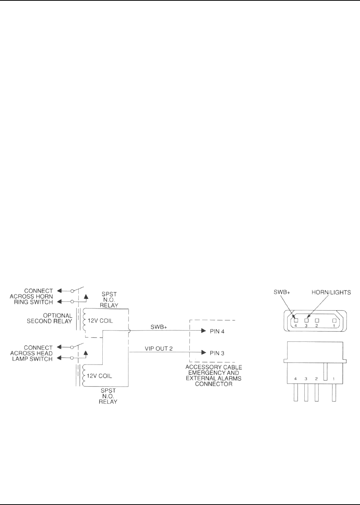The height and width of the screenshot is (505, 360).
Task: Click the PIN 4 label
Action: (217, 331)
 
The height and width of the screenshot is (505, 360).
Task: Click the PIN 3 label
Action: (217, 353)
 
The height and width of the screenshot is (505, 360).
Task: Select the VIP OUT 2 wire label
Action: (159, 349)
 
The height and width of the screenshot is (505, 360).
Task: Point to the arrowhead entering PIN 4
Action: (204, 331)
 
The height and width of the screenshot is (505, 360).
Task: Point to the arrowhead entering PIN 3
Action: (204, 353)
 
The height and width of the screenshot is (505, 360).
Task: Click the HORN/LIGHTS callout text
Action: (331, 292)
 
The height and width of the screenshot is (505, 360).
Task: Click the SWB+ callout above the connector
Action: (282, 292)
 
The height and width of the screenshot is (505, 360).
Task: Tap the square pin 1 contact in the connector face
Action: (334, 320)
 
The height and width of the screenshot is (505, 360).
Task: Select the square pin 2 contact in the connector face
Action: (317, 320)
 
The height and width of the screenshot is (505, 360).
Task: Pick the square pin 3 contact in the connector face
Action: (306, 320)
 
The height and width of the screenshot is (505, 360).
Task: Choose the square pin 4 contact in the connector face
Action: (296, 320)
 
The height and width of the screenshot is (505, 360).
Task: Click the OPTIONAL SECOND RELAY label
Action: (50, 318)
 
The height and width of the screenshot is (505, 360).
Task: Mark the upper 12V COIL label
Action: (100, 321)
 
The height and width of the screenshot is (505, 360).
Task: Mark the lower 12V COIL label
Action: (99, 376)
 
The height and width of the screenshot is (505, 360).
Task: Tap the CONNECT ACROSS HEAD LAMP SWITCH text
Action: (31, 353)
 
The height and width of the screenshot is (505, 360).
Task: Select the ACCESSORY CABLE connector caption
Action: (214, 375)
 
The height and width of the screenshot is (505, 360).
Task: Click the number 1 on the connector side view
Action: (333, 379)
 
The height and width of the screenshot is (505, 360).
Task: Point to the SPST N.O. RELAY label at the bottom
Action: (108, 396)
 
